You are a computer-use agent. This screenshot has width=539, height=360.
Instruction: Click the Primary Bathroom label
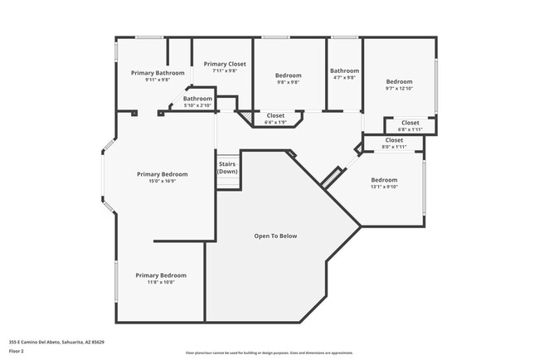(x=158, y=73)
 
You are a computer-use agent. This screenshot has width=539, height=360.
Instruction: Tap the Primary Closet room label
(x=225, y=64)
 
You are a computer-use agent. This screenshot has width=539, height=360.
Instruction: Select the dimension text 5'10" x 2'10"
(x=198, y=105)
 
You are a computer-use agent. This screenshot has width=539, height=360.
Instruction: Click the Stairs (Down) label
(x=228, y=168)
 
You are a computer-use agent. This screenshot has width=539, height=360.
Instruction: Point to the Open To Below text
(x=275, y=236)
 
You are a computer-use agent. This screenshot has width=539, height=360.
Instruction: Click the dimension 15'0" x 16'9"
(x=163, y=181)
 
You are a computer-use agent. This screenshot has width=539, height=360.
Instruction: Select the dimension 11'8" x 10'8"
(x=161, y=282)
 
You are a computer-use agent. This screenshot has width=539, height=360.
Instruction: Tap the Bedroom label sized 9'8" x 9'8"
(x=288, y=75)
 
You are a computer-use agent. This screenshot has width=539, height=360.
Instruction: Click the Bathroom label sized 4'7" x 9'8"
(x=344, y=71)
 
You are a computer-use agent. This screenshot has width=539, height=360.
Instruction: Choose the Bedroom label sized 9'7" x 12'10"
(x=399, y=81)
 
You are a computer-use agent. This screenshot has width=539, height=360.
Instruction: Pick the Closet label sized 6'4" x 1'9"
(x=275, y=115)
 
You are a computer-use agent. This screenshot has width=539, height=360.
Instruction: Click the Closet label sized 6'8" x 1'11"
(x=410, y=123)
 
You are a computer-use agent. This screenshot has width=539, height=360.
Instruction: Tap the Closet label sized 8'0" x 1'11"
(x=394, y=140)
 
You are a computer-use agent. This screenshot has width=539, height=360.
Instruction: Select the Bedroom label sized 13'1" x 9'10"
(x=384, y=180)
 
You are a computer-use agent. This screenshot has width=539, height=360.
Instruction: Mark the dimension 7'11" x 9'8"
(x=225, y=71)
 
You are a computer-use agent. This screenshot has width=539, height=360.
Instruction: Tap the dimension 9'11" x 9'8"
(x=158, y=80)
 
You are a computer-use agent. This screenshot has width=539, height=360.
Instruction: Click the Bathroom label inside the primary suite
(x=198, y=99)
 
